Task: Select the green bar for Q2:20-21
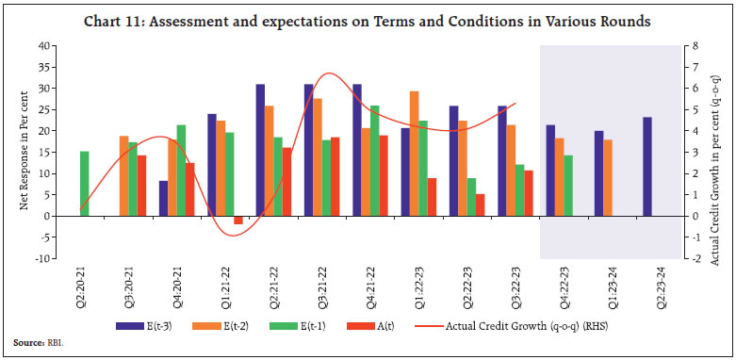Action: point(85,183)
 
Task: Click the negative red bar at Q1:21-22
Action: point(238,220)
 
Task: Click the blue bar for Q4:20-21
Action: point(164,198)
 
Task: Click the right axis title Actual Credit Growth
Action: point(721,151)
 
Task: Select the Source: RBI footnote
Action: point(35,346)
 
